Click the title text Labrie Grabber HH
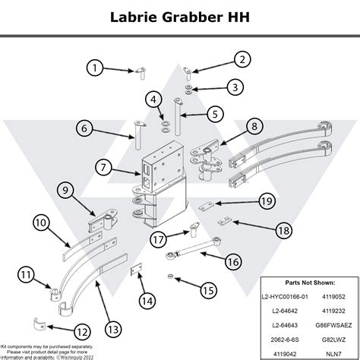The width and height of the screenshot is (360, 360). (x=179, y=16)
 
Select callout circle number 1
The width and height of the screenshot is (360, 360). (x=94, y=68)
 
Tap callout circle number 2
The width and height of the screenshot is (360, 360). (x=242, y=59)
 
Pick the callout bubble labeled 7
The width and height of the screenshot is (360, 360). (x=105, y=166)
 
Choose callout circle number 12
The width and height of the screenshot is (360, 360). (x=82, y=331)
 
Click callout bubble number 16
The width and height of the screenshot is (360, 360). (x=233, y=261)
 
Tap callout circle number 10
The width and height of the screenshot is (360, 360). (x=41, y=223)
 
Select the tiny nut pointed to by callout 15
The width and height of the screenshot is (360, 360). (x=172, y=274)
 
